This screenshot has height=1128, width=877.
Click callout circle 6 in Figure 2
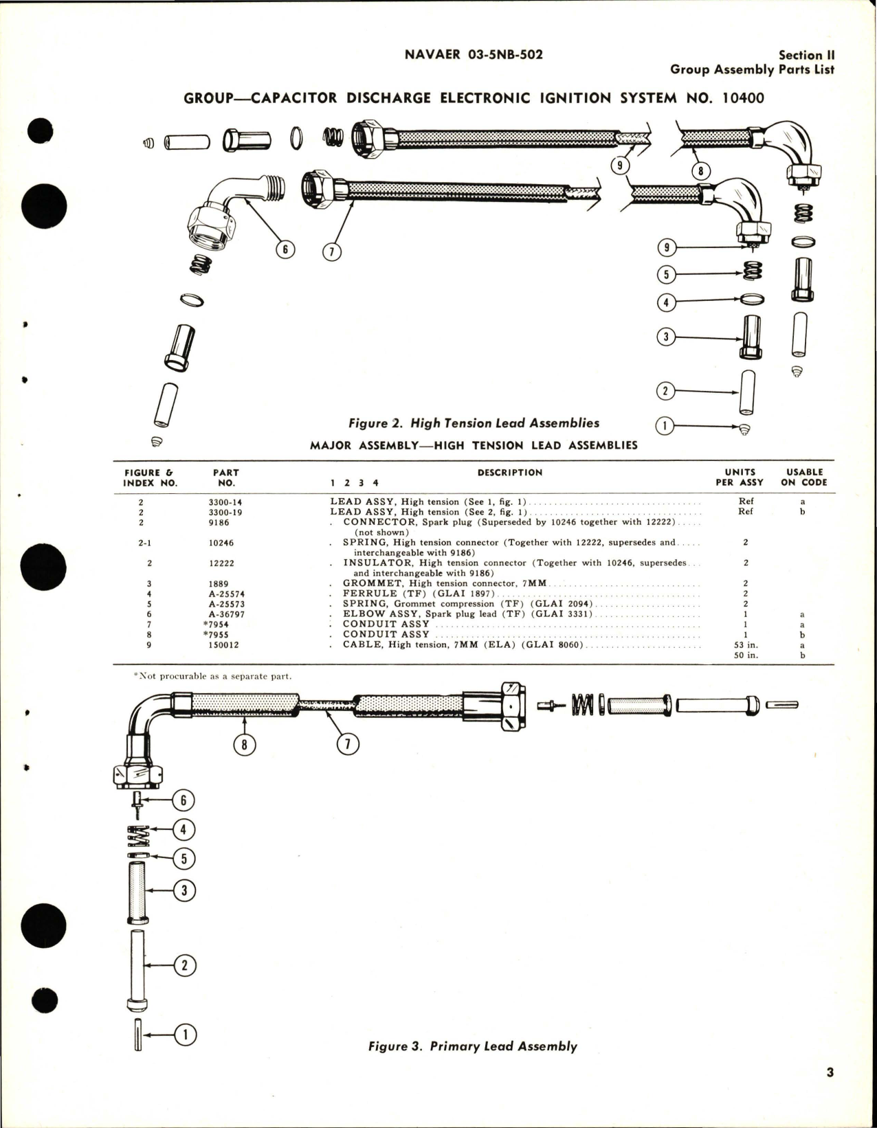(x=285, y=250)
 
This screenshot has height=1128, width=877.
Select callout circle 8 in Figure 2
(x=700, y=172)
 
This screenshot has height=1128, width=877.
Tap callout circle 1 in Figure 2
(x=665, y=427)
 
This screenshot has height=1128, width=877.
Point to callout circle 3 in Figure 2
(x=665, y=337)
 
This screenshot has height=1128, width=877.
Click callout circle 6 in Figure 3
(x=184, y=800)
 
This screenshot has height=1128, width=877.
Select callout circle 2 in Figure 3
(x=184, y=965)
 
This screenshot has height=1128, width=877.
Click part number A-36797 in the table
(x=225, y=614)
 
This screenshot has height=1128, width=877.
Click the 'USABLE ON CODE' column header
(x=804, y=477)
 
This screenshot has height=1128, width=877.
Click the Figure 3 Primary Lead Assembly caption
(x=472, y=1046)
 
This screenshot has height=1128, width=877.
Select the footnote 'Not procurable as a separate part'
(x=212, y=676)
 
